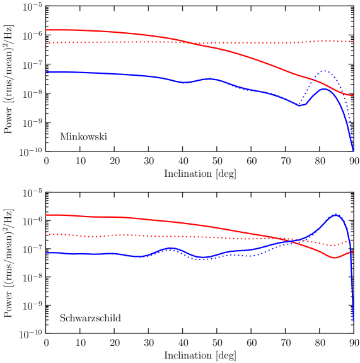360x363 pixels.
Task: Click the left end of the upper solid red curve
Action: coord(46,30)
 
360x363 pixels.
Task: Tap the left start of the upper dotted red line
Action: coord(46,43)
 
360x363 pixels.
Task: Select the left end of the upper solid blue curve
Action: coord(46,72)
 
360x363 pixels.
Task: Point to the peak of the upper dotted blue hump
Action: coord(324,71)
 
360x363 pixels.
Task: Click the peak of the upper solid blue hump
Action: coord(324,89)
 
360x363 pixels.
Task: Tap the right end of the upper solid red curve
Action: coord(354,95)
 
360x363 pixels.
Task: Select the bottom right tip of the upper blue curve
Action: coord(353,150)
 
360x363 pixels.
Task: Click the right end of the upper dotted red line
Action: coord(354,41)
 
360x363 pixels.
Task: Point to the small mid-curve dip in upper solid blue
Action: coord(184,82)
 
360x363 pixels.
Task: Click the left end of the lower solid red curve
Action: coord(46,215)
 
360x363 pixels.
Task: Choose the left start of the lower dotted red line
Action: coord(46,234)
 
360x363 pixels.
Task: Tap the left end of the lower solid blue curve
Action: coord(46,253)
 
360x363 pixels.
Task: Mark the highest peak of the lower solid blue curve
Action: coord(336,215)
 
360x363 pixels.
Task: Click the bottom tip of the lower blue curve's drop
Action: coord(353,321)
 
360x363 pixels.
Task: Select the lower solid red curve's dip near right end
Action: coord(334,258)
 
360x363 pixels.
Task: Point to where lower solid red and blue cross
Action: coord(291,241)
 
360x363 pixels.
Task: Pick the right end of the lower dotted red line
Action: coord(354,240)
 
